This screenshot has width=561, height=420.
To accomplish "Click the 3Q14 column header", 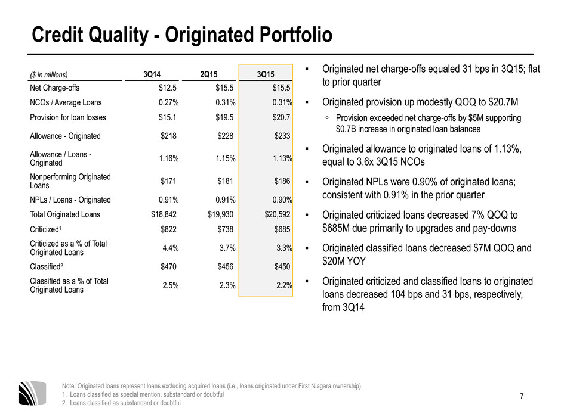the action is tap(152, 74).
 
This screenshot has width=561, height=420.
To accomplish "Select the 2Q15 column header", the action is tap(209, 74).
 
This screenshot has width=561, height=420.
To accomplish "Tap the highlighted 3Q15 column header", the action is tap(266, 74).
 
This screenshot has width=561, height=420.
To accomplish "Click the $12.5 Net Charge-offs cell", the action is tap(168, 88).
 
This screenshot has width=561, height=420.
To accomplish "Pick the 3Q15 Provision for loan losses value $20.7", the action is tap(281, 117).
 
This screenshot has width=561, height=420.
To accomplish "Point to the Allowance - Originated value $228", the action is tap(226, 136).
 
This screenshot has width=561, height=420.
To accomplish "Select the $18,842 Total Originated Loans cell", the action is tap(164, 214).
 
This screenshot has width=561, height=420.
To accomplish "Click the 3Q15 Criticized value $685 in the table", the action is tap(282, 229).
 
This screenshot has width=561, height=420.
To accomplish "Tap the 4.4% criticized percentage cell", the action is tap(170, 248).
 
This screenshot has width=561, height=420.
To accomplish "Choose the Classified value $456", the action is tap(226, 266).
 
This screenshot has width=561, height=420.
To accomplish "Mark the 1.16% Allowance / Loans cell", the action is tap(168, 158).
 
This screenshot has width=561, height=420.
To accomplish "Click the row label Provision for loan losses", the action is tap(68, 117).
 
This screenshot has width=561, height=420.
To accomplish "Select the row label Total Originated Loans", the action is tap(65, 214).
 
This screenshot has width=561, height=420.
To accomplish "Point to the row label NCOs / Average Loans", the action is tap(66, 102).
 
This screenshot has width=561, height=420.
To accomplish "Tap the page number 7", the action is tap(522, 396).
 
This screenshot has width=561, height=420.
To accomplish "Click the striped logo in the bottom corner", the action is tap(32, 393).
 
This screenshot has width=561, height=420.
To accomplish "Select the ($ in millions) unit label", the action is tap(49, 74).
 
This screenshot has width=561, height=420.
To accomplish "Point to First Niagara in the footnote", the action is tap(314, 386).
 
